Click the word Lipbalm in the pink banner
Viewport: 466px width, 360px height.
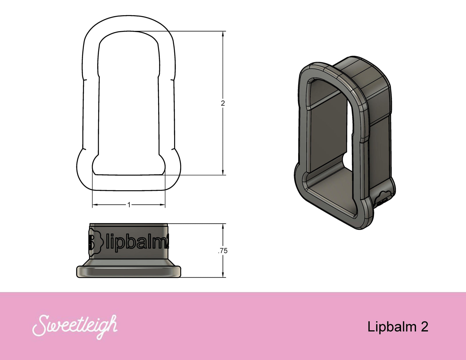(x=391, y=327)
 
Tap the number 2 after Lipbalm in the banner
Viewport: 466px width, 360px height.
(x=424, y=327)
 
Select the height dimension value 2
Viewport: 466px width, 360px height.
(x=223, y=103)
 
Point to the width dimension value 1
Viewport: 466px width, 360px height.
(x=129, y=205)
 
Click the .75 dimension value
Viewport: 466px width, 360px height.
(x=223, y=251)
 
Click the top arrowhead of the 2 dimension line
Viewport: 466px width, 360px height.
(x=223, y=34)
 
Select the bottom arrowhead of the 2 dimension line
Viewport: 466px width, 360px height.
(x=223, y=172)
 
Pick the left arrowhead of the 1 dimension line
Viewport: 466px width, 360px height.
(x=95, y=205)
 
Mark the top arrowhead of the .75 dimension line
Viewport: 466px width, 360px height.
(x=223, y=226)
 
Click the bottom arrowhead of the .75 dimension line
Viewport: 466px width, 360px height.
(x=223, y=275)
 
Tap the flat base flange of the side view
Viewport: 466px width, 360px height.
(x=128, y=271)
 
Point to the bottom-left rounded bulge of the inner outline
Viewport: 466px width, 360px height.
(x=96, y=165)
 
